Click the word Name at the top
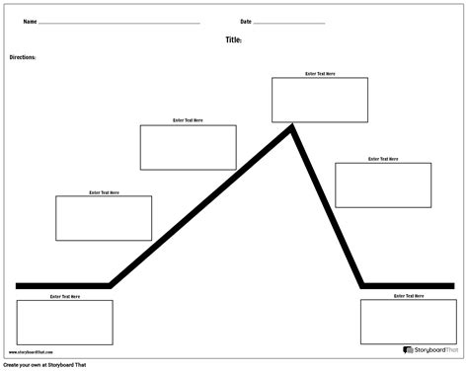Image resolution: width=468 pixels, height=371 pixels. tap(30, 21)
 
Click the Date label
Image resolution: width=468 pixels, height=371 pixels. tap(245, 21)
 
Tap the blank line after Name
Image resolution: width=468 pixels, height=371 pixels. tap(118, 23)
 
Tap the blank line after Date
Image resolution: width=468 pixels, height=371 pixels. tap(289, 23)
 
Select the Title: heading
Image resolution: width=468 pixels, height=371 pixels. tap(234, 40)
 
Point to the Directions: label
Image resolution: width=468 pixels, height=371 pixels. tap(23, 58)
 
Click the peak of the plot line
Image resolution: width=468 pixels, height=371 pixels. tap(292, 125)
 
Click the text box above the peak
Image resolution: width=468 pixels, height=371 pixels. tap(320, 100)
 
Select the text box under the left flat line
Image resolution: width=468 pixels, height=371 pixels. tap(65, 322)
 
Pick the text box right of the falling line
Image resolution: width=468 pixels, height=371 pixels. tap(383, 185)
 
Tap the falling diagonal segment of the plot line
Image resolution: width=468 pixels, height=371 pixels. tap(328, 207)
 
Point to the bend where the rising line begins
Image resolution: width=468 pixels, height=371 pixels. tap(111, 285)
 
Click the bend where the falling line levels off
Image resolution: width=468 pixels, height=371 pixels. tap(363, 285)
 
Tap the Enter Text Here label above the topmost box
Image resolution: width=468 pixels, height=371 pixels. tap(320, 73)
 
